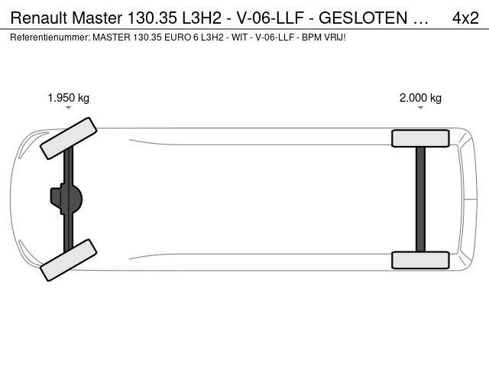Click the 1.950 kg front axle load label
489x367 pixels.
(x=68, y=98)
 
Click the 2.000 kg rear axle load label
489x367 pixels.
(x=420, y=98)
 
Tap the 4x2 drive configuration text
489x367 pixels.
(x=465, y=18)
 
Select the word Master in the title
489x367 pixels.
(x=97, y=18)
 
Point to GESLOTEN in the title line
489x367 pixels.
(x=363, y=18)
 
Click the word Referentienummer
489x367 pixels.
(x=50, y=37)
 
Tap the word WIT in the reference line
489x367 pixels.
(x=239, y=37)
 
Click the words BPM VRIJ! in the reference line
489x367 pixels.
(x=324, y=37)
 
